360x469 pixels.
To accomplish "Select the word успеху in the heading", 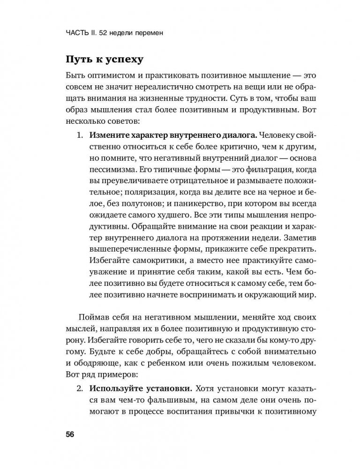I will coord(113,60).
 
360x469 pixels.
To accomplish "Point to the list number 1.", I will coord(79,136).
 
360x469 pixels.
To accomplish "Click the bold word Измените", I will coord(107,136).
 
